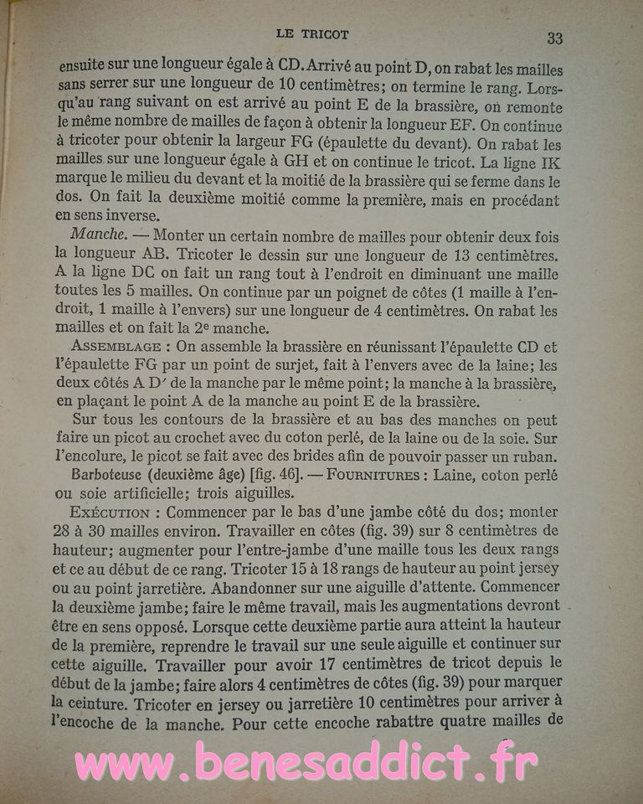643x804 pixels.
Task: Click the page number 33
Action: click(x=554, y=38)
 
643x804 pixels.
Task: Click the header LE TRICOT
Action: click(x=311, y=33)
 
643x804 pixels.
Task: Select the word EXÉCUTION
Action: click(x=110, y=512)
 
